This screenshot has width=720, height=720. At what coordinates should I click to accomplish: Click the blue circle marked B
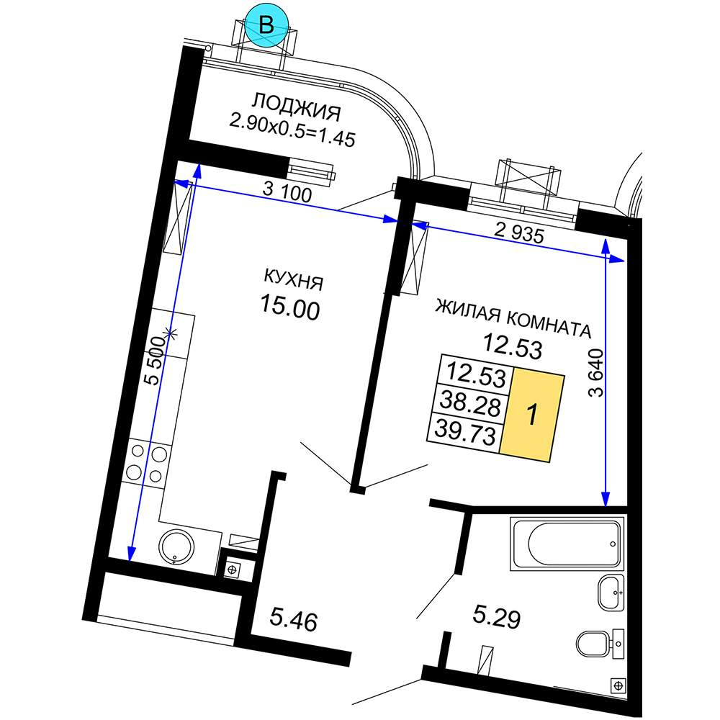266,25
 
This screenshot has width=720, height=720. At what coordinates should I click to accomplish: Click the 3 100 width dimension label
287,192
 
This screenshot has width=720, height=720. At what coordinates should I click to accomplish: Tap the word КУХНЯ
294,279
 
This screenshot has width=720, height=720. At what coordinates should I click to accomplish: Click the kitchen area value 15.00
289,307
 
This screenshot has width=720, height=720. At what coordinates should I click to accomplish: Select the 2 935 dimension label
519,233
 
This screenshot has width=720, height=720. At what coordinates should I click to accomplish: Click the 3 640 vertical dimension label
595,373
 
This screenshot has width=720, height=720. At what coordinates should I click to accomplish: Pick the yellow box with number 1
532,415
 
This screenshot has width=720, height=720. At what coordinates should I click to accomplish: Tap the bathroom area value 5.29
497,617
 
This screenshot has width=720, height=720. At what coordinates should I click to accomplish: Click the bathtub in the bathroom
567,544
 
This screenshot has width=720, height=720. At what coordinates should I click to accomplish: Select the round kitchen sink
176,546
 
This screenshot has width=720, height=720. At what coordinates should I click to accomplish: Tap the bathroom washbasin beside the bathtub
611,593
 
